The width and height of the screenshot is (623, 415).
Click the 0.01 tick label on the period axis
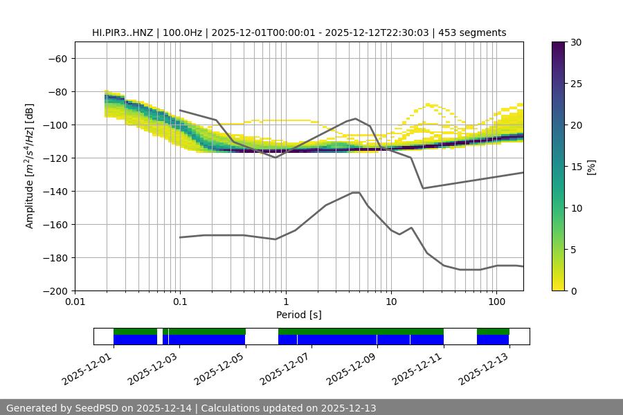pos(75,302)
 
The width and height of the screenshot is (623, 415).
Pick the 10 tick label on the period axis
pos(391,302)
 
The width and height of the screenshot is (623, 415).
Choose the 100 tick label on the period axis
pos(496,302)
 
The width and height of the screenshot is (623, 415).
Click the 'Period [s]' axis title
pos(299,315)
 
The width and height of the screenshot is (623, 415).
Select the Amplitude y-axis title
pos(30,166)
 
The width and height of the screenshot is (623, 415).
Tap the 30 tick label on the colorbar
pos(576,42)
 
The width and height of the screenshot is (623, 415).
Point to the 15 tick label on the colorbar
pos(576,167)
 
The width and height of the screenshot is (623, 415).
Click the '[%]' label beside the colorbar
pos(591,167)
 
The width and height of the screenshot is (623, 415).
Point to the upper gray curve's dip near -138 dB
pos(423,188)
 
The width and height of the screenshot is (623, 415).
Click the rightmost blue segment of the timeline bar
pos(493,340)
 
